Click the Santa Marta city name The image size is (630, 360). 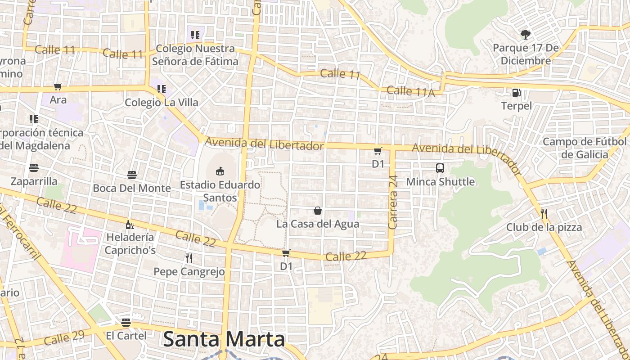(224, 339)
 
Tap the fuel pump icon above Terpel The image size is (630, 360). (516, 93)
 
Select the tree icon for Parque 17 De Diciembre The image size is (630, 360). (525, 34)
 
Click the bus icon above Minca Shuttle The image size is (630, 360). (440, 168)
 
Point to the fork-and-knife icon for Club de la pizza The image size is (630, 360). (544, 213)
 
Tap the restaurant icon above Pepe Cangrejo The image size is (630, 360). (189, 258)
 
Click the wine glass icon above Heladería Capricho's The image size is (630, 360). (130, 224)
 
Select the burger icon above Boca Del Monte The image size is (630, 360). (132, 175)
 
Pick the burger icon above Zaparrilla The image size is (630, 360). (34, 168)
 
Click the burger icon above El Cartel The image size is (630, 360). (126, 322)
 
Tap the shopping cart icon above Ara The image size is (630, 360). (58, 86)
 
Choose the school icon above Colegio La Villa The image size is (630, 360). (162, 89)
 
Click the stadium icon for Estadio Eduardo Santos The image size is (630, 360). (220, 171)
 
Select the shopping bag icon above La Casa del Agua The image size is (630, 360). (318, 210)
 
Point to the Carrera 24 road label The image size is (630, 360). (393, 202)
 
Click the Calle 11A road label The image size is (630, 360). (410, 91)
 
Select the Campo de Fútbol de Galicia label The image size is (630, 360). (584, 148)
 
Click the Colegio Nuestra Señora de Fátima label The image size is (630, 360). (195, 54)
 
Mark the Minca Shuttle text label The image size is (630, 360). (440, 182)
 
